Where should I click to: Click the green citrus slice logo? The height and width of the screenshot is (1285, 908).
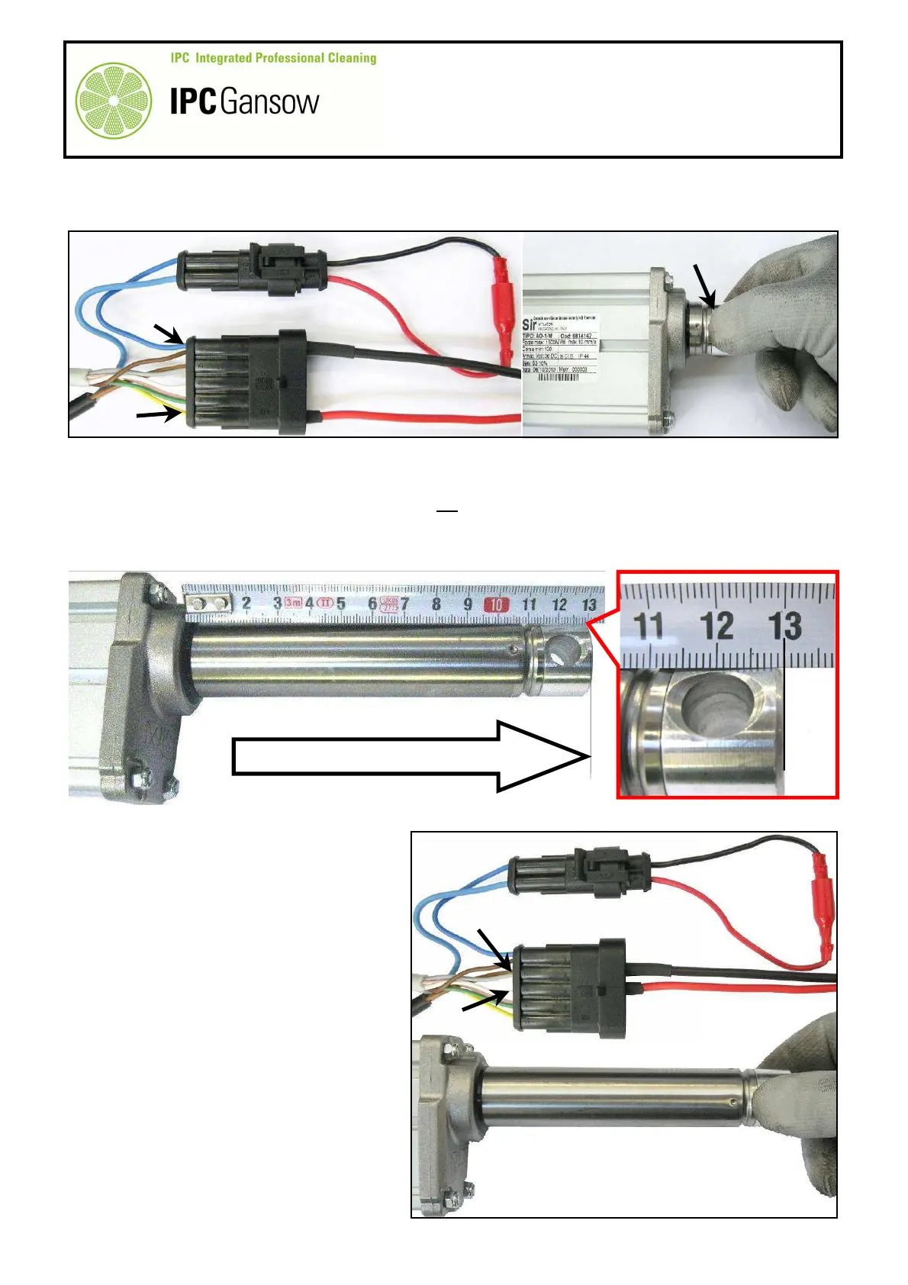coord(114,100)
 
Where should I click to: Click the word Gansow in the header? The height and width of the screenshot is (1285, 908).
coord(269,101)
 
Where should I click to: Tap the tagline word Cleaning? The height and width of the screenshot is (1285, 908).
coord(352,58)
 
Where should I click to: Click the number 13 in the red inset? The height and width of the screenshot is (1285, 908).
coord(785,626)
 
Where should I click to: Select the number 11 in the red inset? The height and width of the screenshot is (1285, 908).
coord(649,626)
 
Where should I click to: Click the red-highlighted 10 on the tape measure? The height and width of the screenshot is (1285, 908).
coord(496,604)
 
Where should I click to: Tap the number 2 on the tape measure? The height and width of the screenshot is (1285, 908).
coord(246,604)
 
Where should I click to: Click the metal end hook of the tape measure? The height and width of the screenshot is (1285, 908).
coord(208,604)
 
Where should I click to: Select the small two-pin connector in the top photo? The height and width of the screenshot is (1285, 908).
coord(253,270)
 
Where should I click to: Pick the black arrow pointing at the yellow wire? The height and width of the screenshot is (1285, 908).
coord(159,414)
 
